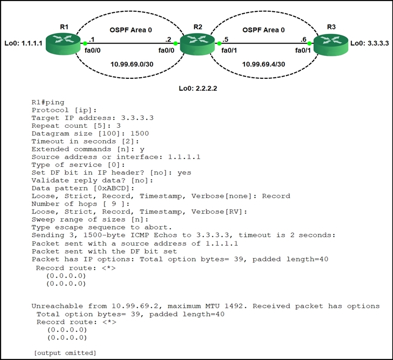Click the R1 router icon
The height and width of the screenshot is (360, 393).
tap(63, 44)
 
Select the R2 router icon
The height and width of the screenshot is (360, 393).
tap(197, 44)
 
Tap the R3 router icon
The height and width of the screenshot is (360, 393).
tap(331, 44)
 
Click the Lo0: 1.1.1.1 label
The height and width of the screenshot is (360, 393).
tap(23, 44)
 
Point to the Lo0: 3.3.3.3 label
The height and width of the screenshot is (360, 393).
tap(370, 44)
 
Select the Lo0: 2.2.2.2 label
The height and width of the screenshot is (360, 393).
tap(198, 88)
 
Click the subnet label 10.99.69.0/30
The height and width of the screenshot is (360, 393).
tap(132, 65)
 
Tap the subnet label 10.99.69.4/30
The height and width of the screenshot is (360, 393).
tap(263, 65)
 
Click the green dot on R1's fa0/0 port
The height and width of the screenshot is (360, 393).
tap(85, 44)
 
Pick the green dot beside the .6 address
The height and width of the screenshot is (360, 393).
tap(309, 44)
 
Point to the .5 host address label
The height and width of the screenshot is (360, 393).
tap(225, 39)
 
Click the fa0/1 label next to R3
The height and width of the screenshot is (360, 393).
tap(303, 51)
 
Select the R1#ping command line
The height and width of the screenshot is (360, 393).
tap(48, 103)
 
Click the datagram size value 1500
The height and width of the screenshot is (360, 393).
tap(139, 133)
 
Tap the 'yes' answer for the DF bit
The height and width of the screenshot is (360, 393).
tap(184, 173)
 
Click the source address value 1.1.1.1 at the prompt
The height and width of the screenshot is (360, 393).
tap(184, 157)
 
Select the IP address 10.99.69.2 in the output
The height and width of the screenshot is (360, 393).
tap(135, 306)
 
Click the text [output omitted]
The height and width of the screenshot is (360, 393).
tap(65, 353)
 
